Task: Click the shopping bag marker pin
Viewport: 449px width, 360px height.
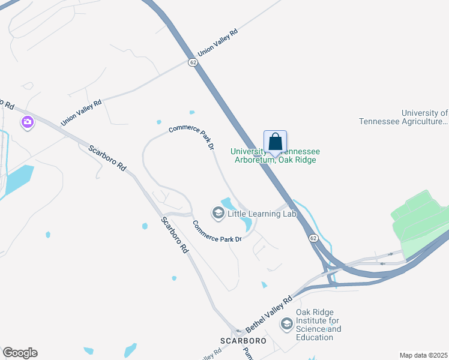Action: tap(275, 143)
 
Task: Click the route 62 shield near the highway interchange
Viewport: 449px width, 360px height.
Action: tap(313, 238)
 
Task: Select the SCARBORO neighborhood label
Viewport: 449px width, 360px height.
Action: tap(243, 341)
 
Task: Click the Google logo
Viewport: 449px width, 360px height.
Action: tap(20, 353)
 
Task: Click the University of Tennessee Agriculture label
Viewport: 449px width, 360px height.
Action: tap(403, 117)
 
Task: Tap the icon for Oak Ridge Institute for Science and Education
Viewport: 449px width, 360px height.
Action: tap(287, 325)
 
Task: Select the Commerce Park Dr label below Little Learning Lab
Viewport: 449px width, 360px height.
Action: tap(217, 232)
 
